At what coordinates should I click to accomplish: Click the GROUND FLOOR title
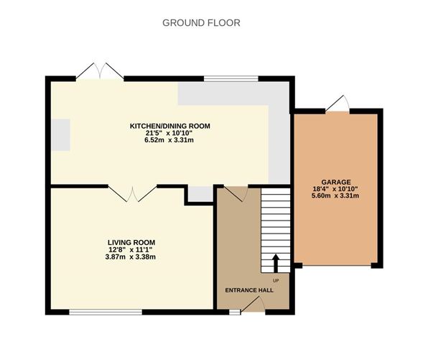pos(201,23)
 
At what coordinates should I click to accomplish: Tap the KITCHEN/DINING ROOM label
pos(169,126)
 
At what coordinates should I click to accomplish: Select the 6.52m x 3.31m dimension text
pos(169,140)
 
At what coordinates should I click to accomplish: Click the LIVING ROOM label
pos(131,242)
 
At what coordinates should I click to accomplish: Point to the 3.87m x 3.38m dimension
pos(131,257)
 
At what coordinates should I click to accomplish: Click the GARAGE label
pos(336,182)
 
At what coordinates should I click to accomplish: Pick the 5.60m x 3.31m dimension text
pos(335,195)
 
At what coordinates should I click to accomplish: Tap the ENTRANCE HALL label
pos(249,290)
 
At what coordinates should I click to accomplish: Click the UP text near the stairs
pos(276,280)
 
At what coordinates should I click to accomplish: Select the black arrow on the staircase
pos(276,264)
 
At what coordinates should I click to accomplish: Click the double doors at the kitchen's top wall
pos(100,70)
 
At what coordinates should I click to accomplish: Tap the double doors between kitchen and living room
pos(132,194)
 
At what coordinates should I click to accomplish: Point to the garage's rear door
pos(338,103)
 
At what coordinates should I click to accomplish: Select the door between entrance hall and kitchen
pos(236,193)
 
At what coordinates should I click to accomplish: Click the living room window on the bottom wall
pos(106,312)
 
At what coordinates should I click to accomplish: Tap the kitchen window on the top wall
pos(231,78)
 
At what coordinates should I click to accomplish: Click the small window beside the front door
pos(235,312)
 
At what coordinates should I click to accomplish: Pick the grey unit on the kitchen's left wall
pos(60,134)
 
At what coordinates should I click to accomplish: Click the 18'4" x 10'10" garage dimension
pos(335,189)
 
